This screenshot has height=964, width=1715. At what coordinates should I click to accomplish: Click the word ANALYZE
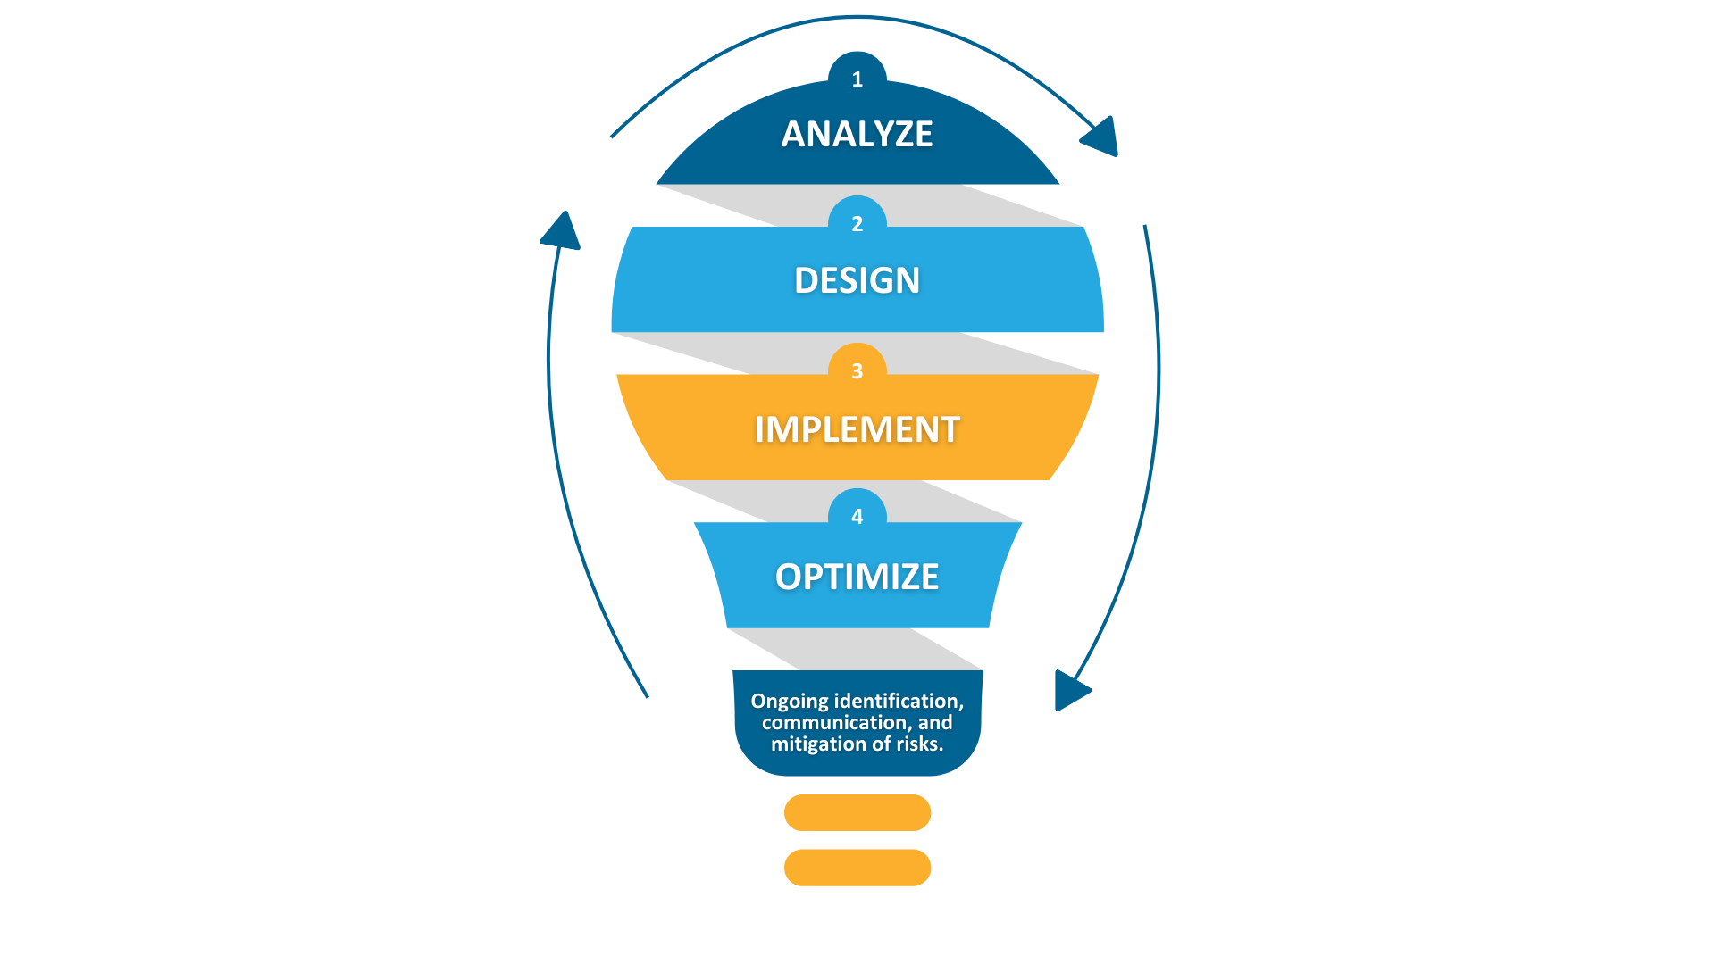pyautogui.click(x=857, y=134)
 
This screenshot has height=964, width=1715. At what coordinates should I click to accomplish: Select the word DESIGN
pyautogui.click(x=857, y=280)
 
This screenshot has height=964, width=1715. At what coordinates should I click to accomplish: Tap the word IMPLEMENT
pyautogui.click(x=857, y=429)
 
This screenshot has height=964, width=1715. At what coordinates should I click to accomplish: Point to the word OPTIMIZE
pyautogui.click(x=857, y=577)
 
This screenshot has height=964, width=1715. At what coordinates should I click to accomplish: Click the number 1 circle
pyautogui.click(x=857, y=76)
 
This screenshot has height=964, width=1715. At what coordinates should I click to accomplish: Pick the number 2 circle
pyautogui.click(x=857, y=220)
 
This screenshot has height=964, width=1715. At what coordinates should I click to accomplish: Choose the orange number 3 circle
pyautogui.click(x=857, y=367)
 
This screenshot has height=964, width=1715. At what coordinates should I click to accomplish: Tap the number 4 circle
pyautogui.click(x=857, y=513)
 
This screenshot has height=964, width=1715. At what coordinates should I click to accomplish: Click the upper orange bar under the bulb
pyautogui.click(x=857, y=812)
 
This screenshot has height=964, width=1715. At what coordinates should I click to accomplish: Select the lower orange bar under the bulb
pyautogui.click(x=857, y=868)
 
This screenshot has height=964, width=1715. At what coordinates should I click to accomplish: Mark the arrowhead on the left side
pyautogui.click(x=561, y=231)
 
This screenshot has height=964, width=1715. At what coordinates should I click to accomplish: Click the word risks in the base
pyautogui.click(x=919, y=744)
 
